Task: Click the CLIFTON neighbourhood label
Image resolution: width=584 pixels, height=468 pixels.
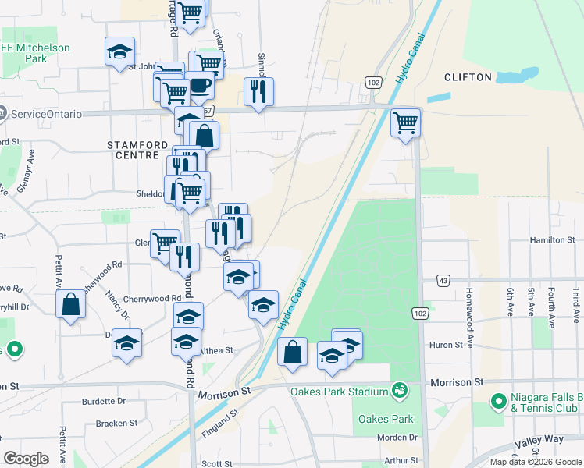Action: (x=468, y=77)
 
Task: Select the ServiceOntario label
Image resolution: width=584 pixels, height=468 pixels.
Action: (x=46, y=114)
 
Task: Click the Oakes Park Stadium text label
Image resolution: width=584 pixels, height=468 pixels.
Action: (x=338, y=392)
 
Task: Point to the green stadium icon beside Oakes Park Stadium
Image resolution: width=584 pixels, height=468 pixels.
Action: (x=400, y=388)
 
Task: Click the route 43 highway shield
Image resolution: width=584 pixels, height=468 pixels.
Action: (x=443, y=280)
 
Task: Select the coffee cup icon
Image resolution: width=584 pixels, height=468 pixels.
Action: (x=199, y=85)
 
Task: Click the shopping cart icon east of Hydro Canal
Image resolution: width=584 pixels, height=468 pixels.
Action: (x=405, y=122)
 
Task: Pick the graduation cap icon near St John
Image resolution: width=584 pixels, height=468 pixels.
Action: (x=119, y=51)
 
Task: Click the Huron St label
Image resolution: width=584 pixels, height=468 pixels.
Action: (x=446, y=345)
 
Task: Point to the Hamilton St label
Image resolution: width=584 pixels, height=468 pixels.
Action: (x=552, y=241)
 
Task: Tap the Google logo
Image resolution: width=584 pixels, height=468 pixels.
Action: (x=26, y=458)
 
